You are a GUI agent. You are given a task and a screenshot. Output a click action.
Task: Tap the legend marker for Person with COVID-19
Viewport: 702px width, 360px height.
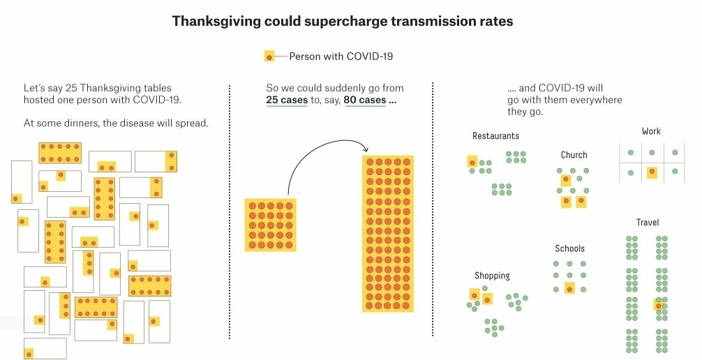(x=269, y=57)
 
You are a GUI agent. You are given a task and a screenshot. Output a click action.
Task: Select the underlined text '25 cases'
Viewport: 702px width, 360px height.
(x=287, y=100)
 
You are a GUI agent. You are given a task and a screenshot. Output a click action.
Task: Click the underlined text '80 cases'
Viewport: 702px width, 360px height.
(x=365, y=100)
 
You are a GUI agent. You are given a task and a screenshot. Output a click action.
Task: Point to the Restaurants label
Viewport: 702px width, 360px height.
(x=495, y=136)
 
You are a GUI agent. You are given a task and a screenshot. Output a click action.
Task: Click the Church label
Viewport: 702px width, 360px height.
(x=574, y=155)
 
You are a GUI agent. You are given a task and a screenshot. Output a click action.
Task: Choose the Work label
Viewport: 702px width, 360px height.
(x=651, y=131)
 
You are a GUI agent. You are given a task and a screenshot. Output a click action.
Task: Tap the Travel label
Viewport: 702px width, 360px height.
(x=647, y=223)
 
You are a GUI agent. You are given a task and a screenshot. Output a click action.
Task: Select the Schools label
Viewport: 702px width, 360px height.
(x=569, y=248)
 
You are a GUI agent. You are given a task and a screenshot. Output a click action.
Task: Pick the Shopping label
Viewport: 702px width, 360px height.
(x=492, y=276)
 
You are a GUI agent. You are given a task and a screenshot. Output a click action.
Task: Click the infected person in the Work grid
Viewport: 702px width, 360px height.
(x=652, y=171)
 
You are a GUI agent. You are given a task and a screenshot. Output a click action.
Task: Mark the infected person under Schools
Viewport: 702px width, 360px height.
(x=569, y=289)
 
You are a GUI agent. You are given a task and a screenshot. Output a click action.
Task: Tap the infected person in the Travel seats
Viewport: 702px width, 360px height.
(x=657, y=304)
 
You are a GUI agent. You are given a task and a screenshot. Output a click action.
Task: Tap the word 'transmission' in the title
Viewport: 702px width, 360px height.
(x=432, y=21)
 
